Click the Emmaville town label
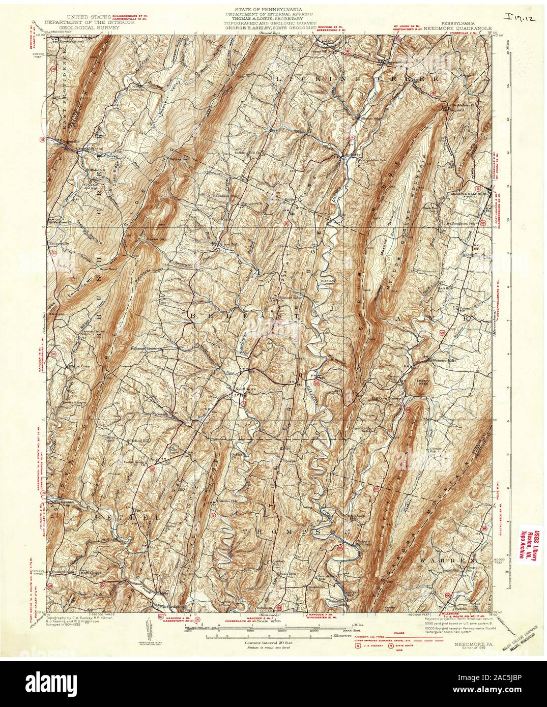click(58, 244)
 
